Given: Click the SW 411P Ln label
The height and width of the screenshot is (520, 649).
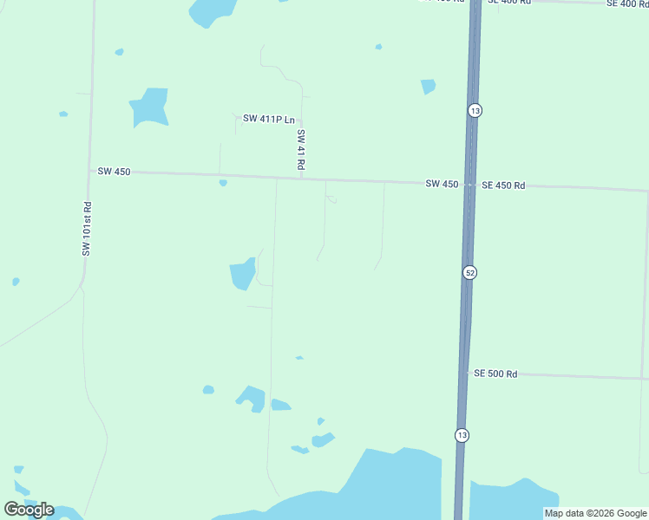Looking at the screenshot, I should coord(268,119).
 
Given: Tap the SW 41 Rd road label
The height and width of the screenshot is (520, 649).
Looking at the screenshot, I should coord(301,149).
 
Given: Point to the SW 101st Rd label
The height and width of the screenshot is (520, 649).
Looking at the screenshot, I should coord(87,229).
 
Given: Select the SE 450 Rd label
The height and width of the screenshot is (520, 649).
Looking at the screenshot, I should coord(503,185).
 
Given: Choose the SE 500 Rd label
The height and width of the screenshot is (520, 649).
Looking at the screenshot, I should coord(495,374).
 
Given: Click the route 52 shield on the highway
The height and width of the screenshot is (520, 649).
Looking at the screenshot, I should coord(469,272).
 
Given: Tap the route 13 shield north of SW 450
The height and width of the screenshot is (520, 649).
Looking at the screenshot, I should coord(474,111).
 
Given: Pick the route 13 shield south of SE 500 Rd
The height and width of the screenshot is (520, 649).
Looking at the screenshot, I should coord(461,434).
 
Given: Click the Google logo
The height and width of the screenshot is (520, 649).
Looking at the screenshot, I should coord(29,510).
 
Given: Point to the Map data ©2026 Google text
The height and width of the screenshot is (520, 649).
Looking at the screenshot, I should coord(595,513).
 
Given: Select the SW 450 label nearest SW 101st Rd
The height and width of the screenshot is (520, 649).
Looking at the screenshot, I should coord(114,172).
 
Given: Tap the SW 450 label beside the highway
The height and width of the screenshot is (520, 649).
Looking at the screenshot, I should coord(442,184).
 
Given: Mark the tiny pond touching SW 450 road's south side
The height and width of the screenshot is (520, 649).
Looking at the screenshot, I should coord(223,183).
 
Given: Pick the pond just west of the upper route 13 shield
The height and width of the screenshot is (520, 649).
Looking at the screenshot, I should coord(428,86).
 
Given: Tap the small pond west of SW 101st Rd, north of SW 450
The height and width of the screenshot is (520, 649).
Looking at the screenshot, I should coord(63,114).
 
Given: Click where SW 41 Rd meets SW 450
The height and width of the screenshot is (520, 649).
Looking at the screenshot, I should coord(301,179).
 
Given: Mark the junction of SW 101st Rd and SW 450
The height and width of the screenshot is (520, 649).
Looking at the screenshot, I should coord(89,171).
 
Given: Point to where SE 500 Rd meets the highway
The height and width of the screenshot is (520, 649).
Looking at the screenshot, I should coord(465,374).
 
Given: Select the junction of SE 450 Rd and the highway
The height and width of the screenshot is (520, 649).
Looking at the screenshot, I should coord(470,185).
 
